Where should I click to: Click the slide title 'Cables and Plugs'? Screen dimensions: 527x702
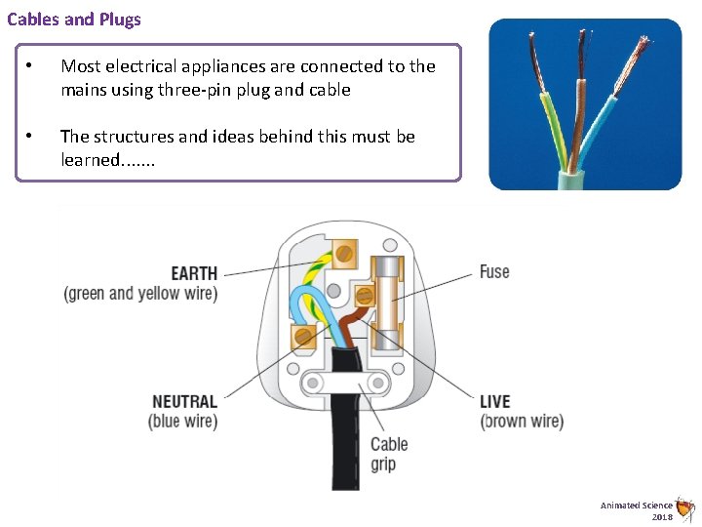click(74, 19)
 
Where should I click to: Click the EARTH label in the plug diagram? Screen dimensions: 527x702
click(194, 273)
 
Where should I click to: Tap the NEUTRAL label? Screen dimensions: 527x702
click(184, 401)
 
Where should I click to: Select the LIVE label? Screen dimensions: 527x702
click(494, 401)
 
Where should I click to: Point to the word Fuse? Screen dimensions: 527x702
click(494, 271)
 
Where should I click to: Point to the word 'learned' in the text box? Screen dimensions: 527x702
click(91, 159)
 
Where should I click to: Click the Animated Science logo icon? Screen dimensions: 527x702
click(685, 507)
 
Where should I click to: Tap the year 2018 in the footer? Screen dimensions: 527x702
click(662, 516)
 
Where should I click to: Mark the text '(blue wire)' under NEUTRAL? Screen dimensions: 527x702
click(182, 422)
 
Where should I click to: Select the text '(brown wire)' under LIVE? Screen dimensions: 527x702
click(522, 422)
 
